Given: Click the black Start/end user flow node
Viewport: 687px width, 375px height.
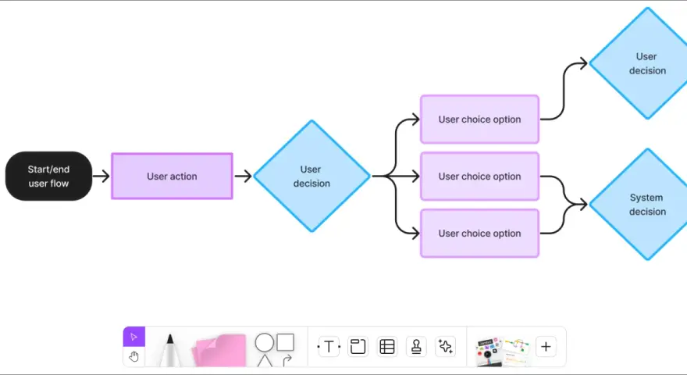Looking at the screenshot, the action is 48,177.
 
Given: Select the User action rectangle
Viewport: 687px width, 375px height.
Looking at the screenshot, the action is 173,177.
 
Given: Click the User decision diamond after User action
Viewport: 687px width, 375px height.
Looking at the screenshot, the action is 312,176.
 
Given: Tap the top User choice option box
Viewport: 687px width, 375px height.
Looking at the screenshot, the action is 480,120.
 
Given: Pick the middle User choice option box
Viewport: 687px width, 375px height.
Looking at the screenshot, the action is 480,177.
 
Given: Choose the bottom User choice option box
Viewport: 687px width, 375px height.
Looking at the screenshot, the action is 480,234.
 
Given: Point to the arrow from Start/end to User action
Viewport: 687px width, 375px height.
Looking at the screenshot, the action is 101,177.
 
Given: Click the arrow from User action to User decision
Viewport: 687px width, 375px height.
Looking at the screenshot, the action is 243,177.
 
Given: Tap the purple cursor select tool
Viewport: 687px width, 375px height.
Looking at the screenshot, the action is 134,337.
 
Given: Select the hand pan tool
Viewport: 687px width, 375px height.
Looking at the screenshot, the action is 134,356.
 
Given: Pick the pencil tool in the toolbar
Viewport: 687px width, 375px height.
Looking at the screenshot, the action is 170,350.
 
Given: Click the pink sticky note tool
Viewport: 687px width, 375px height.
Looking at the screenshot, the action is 219,350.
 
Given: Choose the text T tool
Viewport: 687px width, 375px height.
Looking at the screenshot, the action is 329,347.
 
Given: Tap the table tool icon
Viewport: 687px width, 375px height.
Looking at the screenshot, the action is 387,347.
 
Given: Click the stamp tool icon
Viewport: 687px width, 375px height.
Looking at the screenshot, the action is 416,347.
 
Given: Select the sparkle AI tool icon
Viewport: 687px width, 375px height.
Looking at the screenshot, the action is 446,347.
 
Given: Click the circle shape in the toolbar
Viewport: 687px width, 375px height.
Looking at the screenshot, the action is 264,342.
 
